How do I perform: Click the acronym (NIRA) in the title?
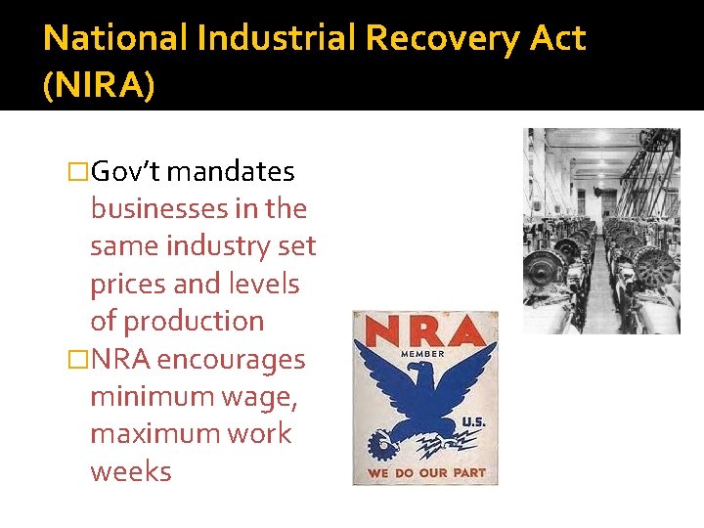(99, 85)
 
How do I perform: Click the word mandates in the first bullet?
(231, 172)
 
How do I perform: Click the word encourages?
(231, 360)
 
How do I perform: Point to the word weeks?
(130, 471)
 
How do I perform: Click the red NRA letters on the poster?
(424, 330)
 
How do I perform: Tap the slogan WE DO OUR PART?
(425, 473)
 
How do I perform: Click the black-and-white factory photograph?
(601, 231)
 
